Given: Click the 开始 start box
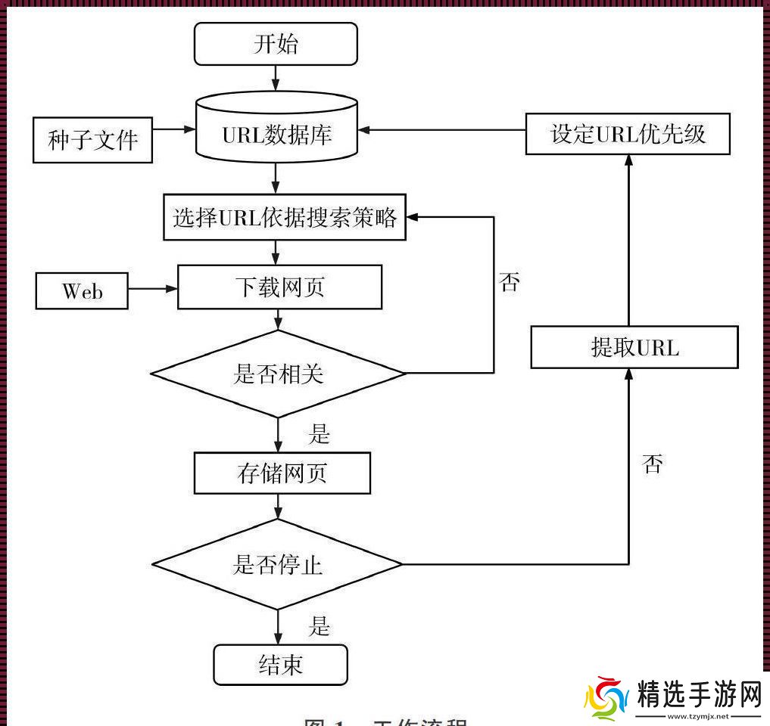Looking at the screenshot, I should pos(276,43).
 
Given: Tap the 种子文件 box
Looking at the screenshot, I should pos(92,140).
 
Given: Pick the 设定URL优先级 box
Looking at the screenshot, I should pos(628,135).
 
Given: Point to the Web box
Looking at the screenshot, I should pos(82,291).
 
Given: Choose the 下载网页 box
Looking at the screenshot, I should pos(279,287).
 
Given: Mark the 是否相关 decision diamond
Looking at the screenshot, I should pos(279,373).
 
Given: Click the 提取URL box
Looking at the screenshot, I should pos(634,348).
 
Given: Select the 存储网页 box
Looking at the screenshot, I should pos(282,473).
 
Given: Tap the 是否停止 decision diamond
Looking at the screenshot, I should pos(277,564).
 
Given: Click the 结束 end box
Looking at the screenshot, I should pos(281,664).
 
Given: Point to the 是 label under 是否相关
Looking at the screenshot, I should pos(320,434).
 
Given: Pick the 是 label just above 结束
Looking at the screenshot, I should pos(320,626).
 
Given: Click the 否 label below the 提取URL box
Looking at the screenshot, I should pos(652,464).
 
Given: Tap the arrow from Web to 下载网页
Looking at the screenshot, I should pos(152,289).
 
